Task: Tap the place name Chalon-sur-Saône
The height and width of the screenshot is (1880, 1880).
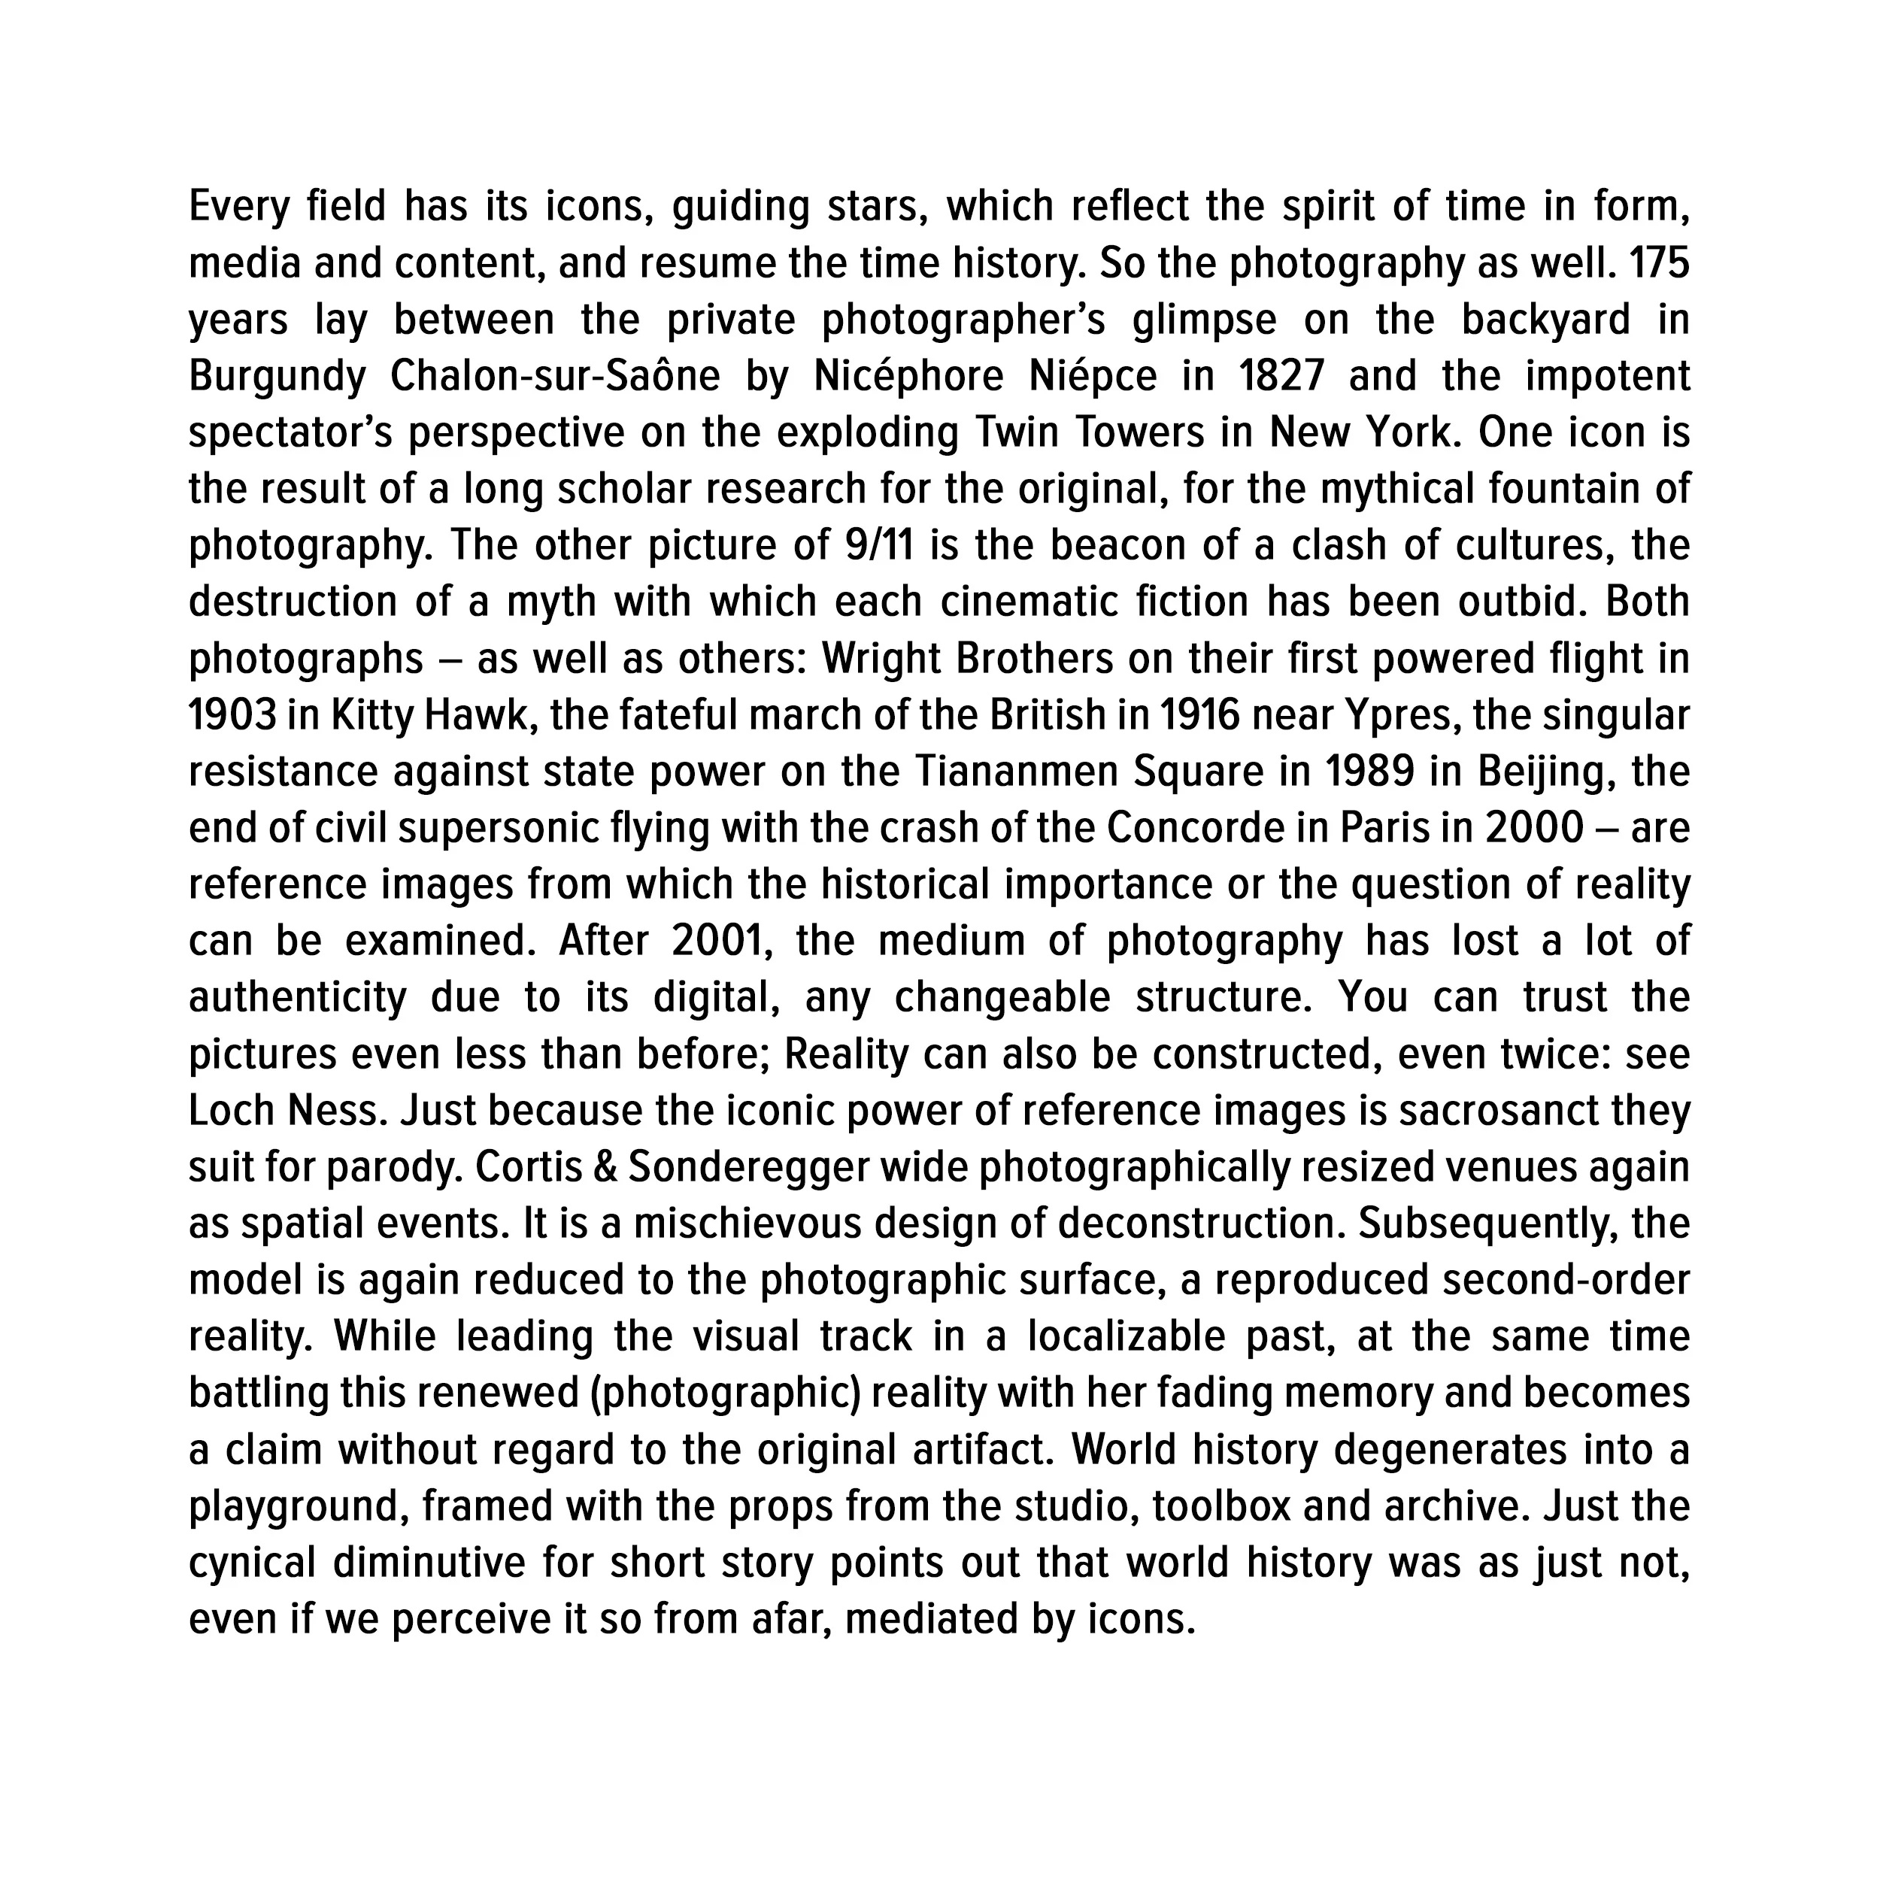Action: click(555, 377)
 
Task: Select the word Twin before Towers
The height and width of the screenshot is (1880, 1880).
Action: click(1018, 432)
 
